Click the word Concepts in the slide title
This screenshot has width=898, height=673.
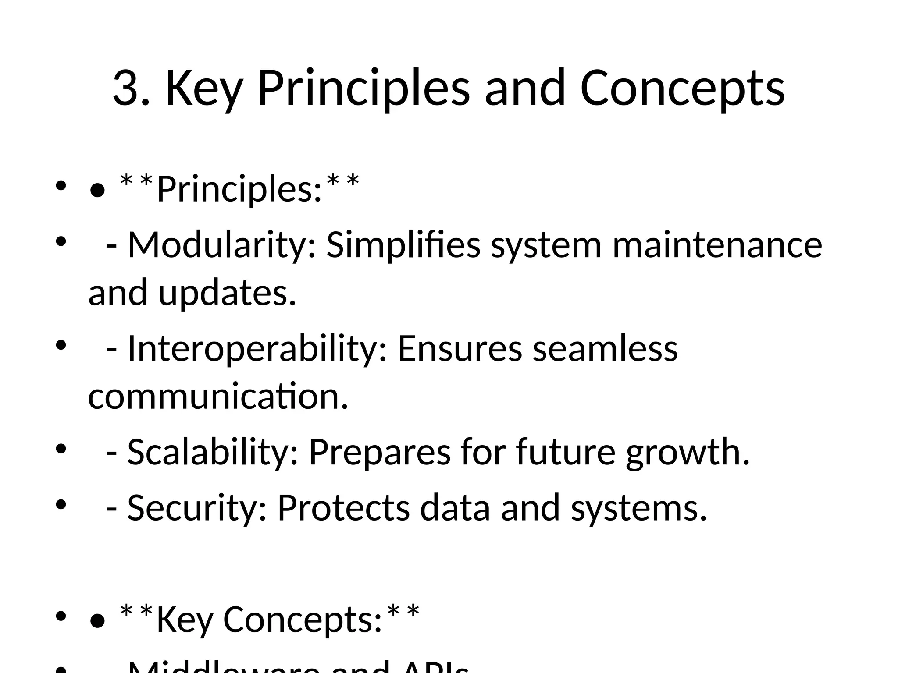682,89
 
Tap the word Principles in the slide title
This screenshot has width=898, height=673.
363,89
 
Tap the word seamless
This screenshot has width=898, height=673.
605,349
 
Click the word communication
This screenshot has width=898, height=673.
218,397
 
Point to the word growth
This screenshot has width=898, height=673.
687,453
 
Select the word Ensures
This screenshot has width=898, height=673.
460,349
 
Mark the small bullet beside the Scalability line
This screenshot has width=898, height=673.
61,449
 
